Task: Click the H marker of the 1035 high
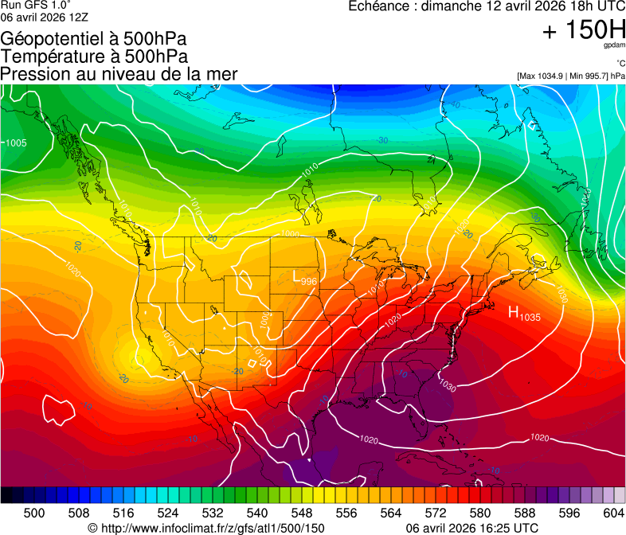click(514, 312)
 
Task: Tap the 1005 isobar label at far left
click(16, 143)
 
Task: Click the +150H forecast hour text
click(584, 29)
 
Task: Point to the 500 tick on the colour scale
click(34, 512)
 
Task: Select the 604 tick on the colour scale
click(613, 512)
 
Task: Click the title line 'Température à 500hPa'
click(94, 57)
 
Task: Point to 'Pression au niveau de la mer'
click(119, 74)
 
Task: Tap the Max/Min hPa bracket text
click(570, 76)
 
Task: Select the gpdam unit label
click(616, 45)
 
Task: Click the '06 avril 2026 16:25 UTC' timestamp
click(471, 528)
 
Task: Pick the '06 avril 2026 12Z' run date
click(45, 17)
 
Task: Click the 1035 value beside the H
click(531, 317)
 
